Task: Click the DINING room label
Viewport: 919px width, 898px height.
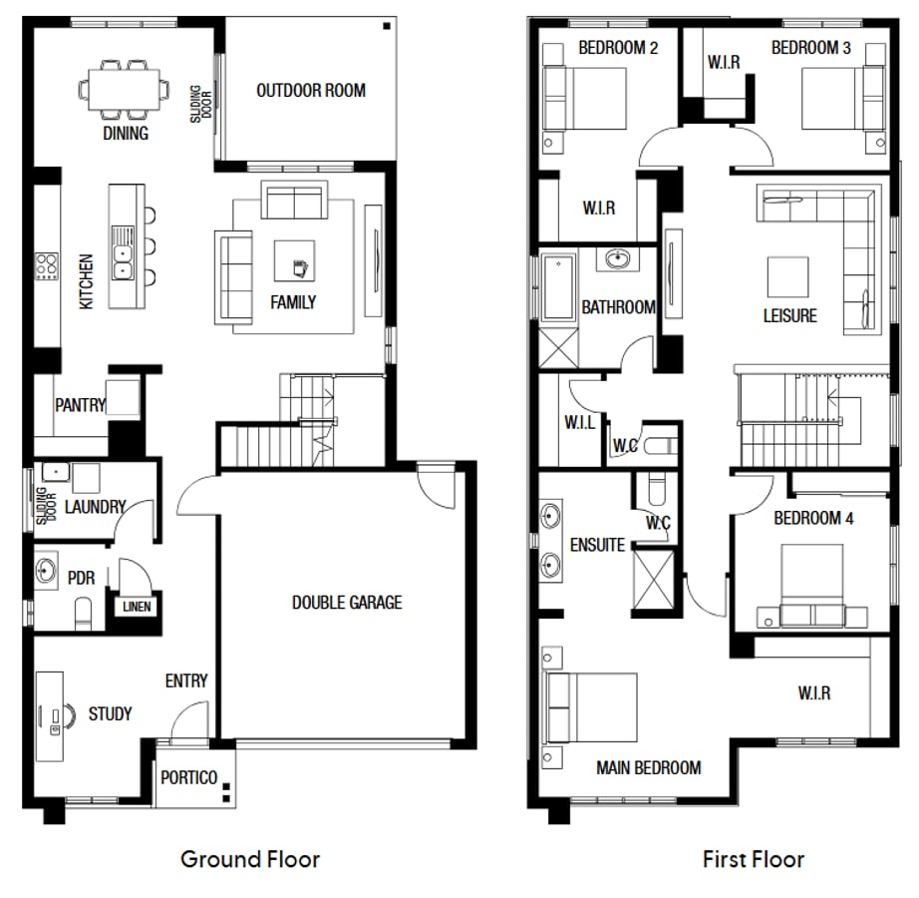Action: pos(126,134)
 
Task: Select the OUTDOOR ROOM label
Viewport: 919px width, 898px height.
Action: pos(311,91)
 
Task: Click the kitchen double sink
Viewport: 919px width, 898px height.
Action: pos(124,249)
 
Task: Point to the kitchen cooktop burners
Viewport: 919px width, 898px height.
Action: pos(47,266)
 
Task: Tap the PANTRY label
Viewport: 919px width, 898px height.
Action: pos(80,406)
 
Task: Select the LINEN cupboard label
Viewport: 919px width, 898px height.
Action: pos(137,607)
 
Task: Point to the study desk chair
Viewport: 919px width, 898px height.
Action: pos(69,715)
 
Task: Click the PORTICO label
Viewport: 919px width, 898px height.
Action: pos(189,778)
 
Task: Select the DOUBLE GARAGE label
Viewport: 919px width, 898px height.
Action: pos(347,603)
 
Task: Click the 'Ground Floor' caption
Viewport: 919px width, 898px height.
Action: pos(250,859)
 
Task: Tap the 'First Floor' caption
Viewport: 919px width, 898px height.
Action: pos(753,859)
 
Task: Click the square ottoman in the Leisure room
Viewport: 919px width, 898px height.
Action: pos(787,276)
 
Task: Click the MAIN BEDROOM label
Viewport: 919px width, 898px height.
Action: pos(648,768)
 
